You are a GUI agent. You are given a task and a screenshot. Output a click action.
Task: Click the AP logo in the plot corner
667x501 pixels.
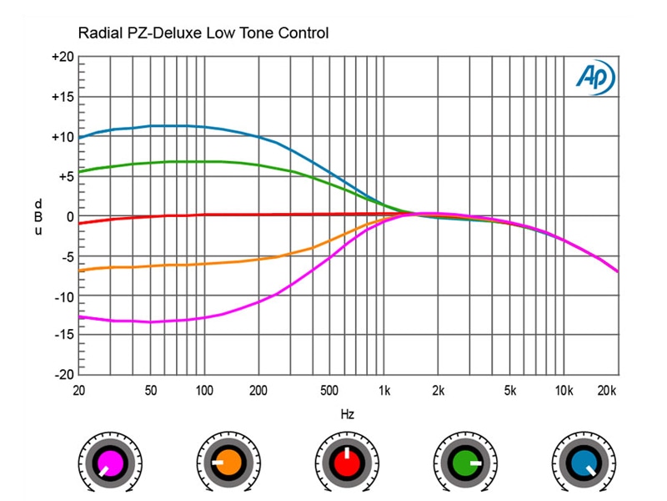pyautogui.click(x=594, y=76)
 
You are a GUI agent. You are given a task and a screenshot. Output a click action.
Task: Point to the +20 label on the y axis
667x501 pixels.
pyautogui.click(x=63, y=57)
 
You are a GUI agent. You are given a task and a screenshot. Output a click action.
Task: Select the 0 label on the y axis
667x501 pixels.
pyautogui.click(x=70, y=216)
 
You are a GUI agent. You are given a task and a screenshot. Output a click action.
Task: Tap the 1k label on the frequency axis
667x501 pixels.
pyautogui.click(x=384, y=390)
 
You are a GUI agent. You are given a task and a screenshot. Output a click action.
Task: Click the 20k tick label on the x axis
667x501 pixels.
pyautogui.click(x=607, y=390)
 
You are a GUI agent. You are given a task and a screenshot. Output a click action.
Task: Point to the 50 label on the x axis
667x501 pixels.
pyautogui.click(x=151, y=390)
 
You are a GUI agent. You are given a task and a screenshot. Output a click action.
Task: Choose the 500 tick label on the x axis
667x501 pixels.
pyautogui.click(x=328, y=390)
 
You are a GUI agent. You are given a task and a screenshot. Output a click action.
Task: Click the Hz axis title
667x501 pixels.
pyautogui.click(x=349, y=412)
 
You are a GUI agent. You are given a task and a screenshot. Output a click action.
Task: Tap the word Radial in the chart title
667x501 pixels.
pyautogui.click(x=98, y=33)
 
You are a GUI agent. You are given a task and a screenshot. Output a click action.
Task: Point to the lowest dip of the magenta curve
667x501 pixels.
pyautogui.click(x=150, y=321)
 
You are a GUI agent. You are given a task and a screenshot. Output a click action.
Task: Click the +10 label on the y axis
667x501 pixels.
pyautogui.click(x=63, y=137)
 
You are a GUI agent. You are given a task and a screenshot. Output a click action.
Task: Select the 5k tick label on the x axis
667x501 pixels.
pyautogui.click(x=510, y=390)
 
